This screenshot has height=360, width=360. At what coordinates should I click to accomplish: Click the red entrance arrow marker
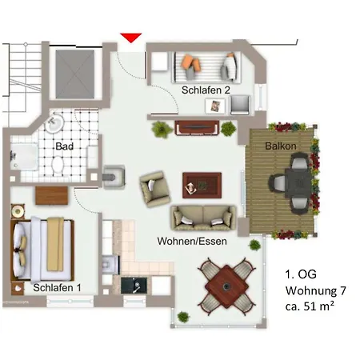[132, 38]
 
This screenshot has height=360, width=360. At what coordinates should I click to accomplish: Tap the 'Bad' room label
[64, 146]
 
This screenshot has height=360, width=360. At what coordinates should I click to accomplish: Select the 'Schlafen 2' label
[206, 90]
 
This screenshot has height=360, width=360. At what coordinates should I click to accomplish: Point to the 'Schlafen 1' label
[57, 287]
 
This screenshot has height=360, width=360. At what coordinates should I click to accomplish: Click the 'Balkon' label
[282, 146]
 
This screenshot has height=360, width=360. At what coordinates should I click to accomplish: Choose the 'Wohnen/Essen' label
[202, 241]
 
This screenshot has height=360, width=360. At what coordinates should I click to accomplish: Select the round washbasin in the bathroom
[54, 124]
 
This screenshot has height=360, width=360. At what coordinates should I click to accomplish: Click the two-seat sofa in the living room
[203, 217]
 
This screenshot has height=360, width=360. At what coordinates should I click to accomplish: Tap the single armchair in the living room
[154, 189]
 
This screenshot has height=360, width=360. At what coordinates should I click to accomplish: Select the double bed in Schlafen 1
[45, 242]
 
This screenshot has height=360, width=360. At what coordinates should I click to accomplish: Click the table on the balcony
[297, 182]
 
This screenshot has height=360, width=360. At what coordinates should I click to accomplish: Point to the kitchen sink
[131, 286]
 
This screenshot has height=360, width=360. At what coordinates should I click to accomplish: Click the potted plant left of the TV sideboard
[162, 127]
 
